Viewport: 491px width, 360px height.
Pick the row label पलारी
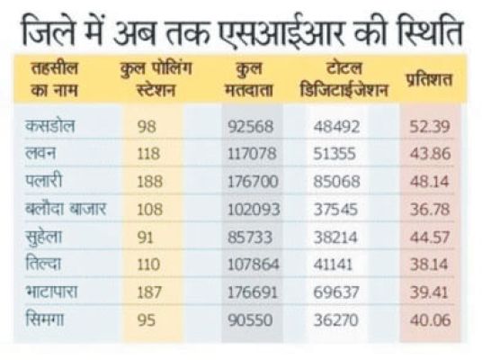[x=47, y=183]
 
